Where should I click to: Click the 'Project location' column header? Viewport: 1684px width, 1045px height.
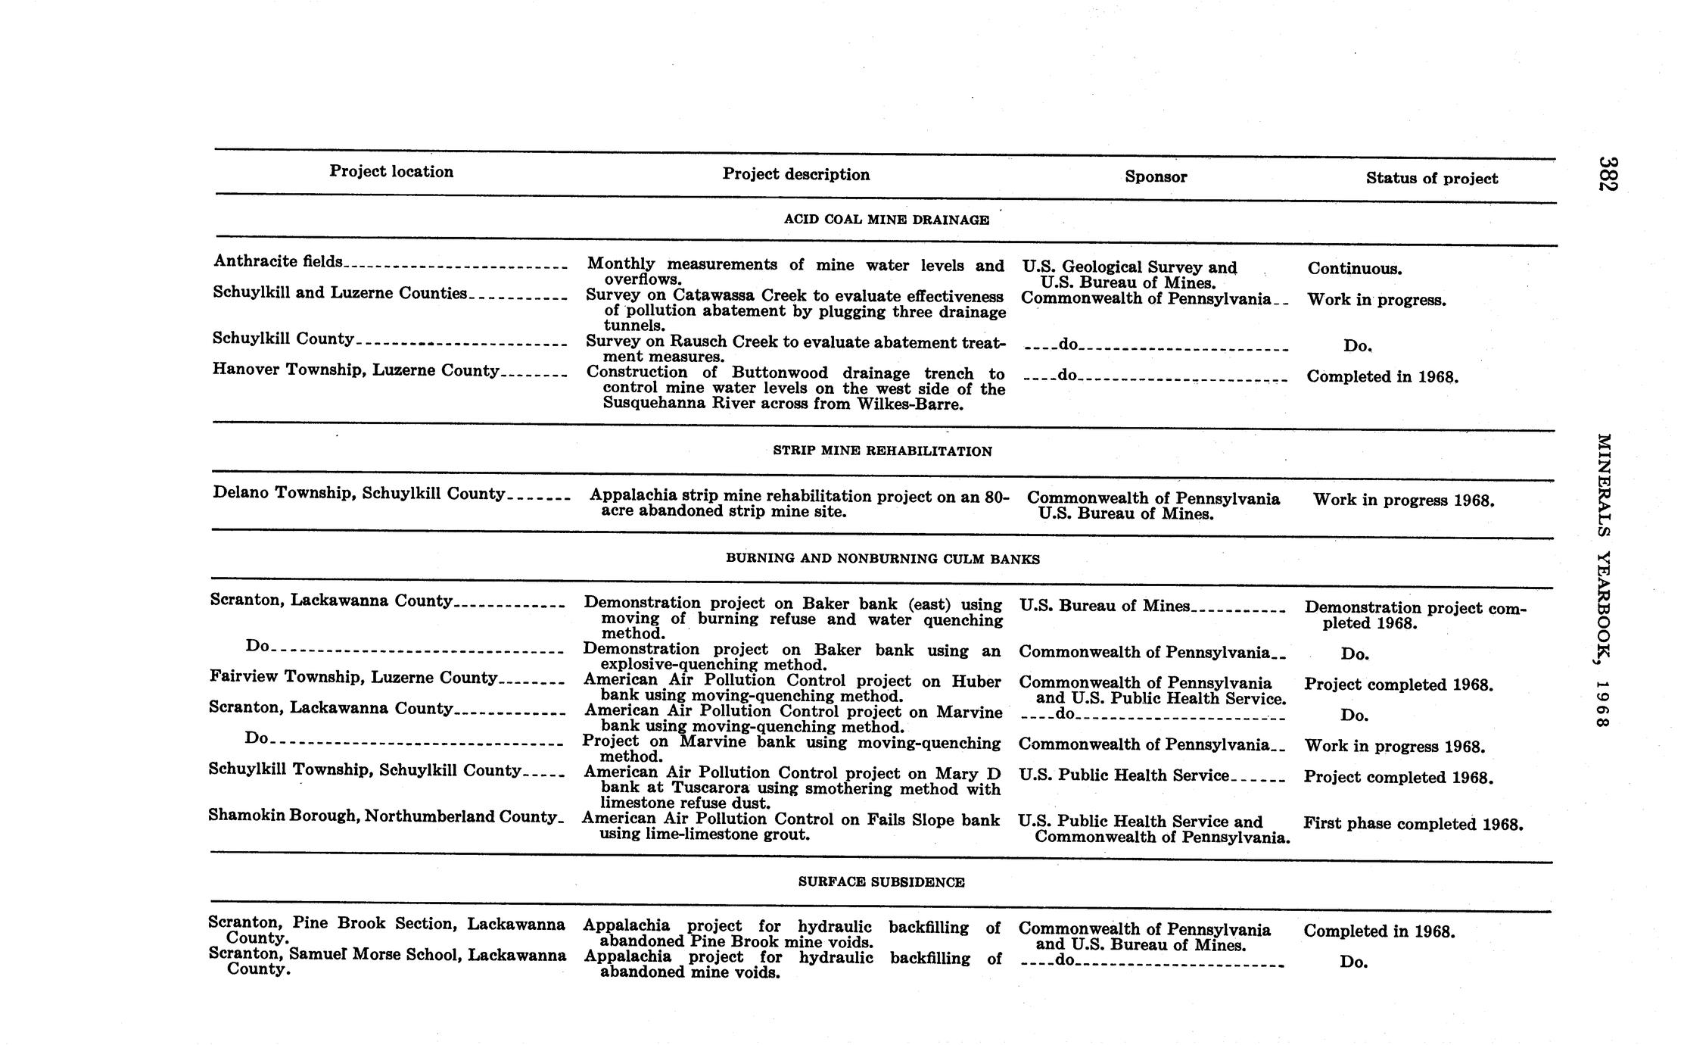(x=391, y=172)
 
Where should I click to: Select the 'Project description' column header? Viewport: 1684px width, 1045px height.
(x=795, y=175)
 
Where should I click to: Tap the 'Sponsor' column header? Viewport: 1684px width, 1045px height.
(x=1155, y=177)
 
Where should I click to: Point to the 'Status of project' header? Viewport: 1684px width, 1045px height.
(x=1431, y=179)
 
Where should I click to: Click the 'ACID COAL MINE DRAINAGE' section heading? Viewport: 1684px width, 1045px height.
(x=886, y=220)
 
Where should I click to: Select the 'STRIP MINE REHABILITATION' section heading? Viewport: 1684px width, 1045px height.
(x=882, y=451)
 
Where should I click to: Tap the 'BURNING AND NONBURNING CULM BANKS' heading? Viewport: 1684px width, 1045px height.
(x=882, y=560)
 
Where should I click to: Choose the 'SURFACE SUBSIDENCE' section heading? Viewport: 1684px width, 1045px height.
(x=881, y=882)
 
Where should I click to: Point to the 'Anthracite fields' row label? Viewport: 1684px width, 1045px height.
(x=279, y=261)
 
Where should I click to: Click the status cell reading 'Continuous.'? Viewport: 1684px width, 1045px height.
(x=1354, y=269)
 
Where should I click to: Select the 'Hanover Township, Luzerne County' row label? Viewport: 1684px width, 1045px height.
(x=356, y=370)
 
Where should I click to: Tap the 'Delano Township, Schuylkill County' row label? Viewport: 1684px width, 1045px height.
(x=359, y=494)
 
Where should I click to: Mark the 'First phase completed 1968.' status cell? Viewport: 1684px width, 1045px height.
(x=1412, y=824)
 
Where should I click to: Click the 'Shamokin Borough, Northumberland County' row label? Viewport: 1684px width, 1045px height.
(x=383, y=816)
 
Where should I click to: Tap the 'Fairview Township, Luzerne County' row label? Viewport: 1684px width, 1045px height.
(x=353, y=678)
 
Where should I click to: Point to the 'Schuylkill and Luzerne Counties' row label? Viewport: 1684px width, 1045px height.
(x=340, y=294)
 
